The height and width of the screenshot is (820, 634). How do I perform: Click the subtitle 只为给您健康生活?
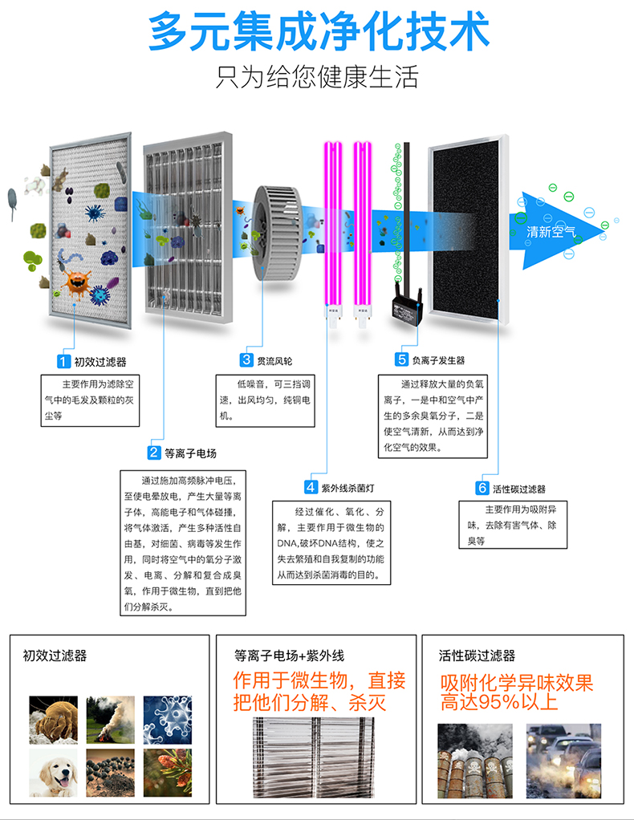point(318,78)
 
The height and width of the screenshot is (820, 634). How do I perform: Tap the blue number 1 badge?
point(61,361)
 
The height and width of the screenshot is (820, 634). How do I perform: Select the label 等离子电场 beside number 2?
point(190,453)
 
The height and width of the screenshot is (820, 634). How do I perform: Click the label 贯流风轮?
point(274,361)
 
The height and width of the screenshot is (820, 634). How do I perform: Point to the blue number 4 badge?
point(311,487)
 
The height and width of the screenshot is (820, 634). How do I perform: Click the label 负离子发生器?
point(438,360)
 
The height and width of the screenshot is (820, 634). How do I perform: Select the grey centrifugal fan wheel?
point(281,233)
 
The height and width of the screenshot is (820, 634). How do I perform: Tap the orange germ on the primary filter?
point(78,282)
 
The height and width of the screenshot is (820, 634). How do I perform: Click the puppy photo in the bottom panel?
point(54,772)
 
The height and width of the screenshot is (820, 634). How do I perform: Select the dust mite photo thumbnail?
point(54,719)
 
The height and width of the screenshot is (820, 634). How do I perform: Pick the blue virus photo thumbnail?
point(167,719)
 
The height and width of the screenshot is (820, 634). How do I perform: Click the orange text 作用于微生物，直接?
point(319,681)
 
